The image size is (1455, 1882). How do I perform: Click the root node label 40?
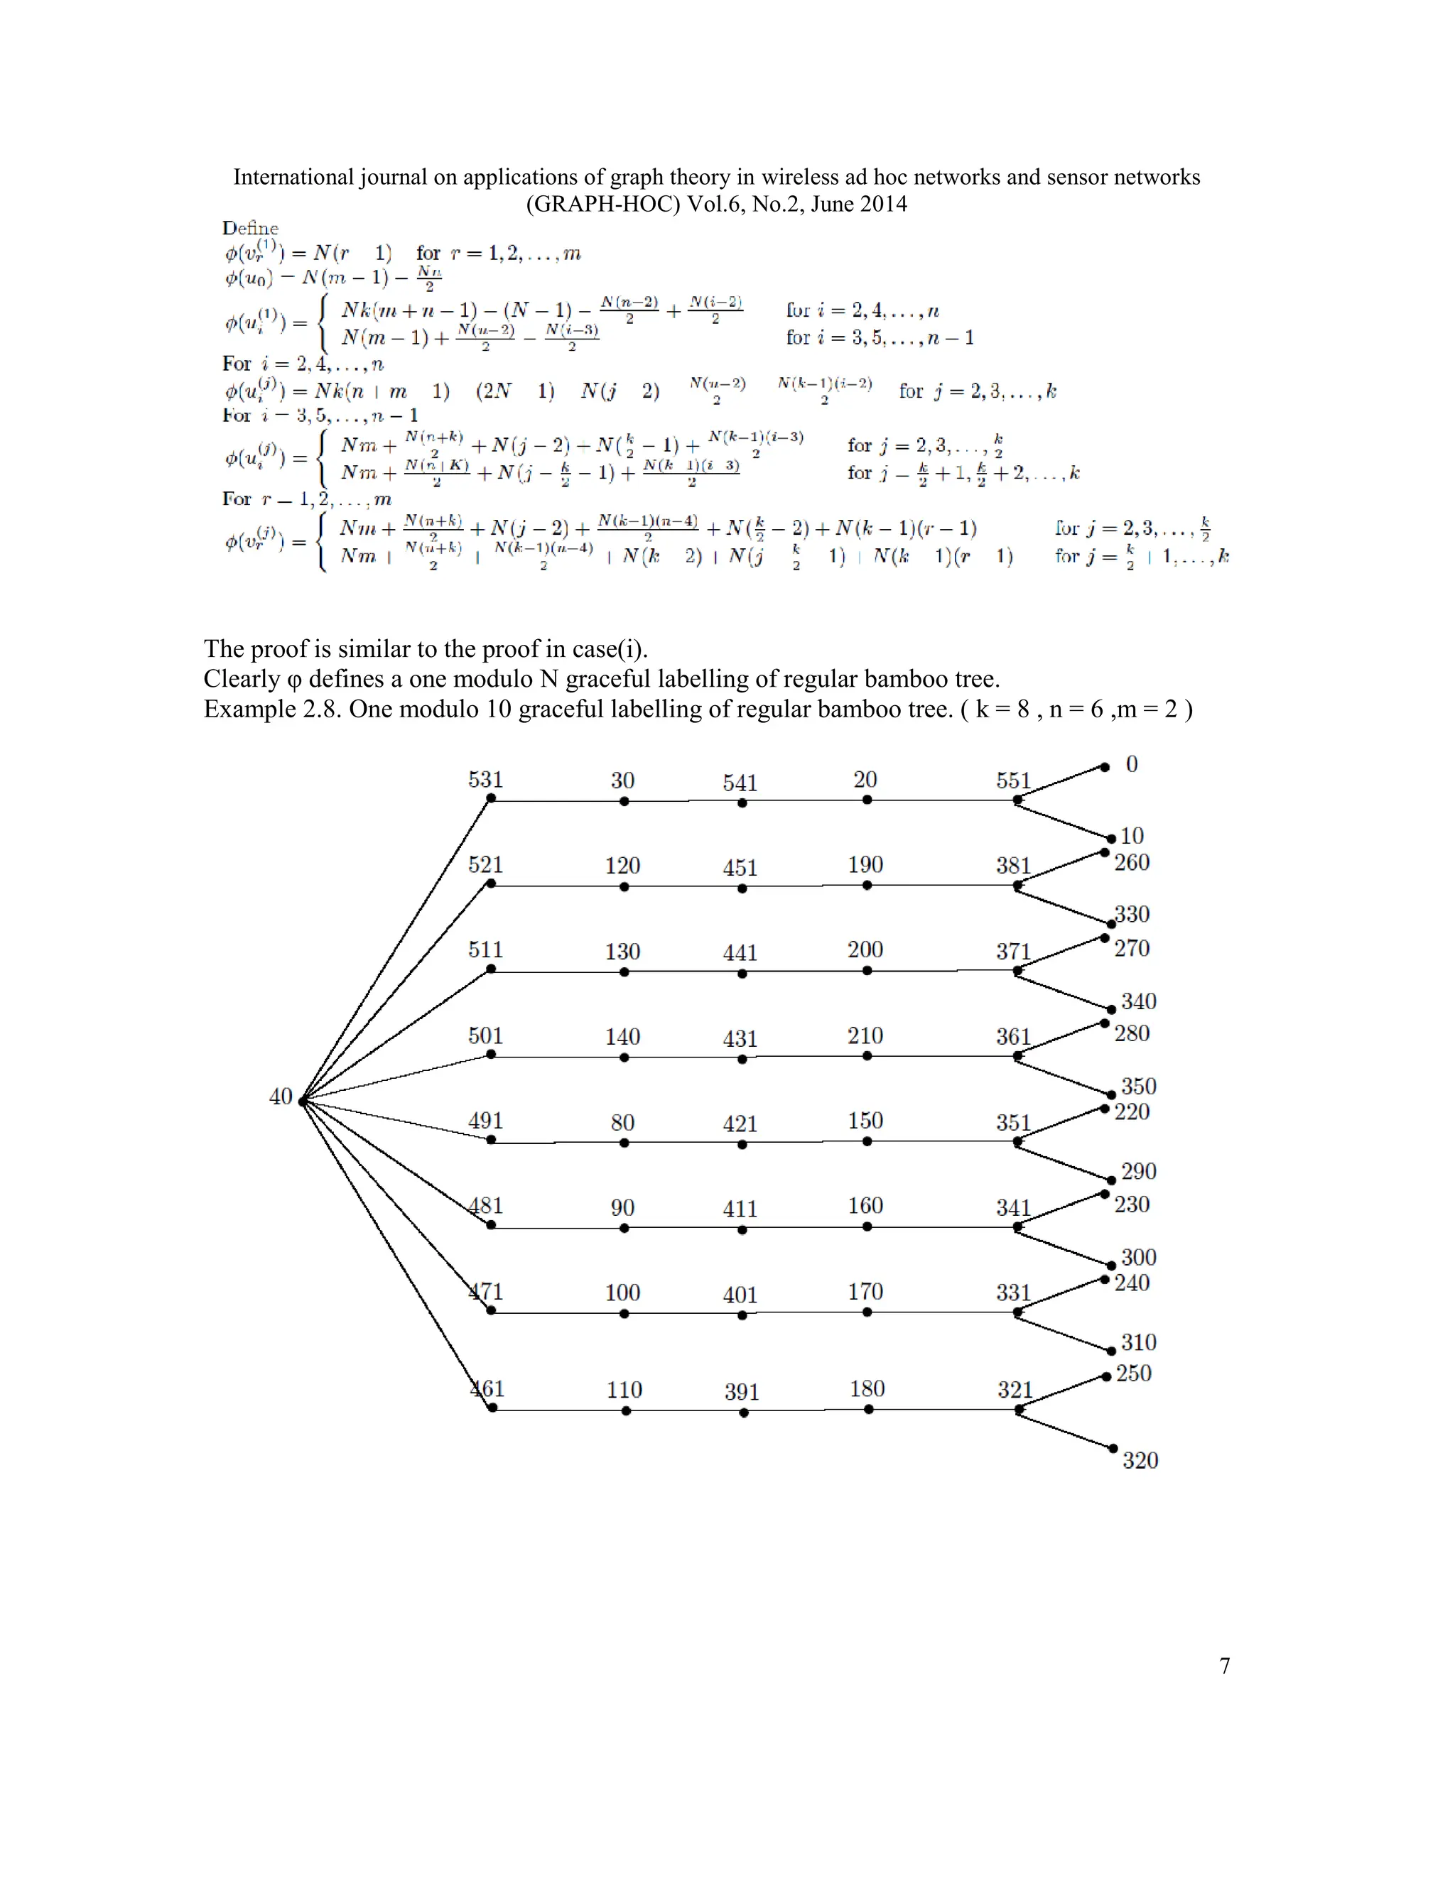click(x=281, y=1097)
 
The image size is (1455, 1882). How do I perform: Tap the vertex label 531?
click(x=485, y=780)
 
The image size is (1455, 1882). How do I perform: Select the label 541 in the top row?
click(x=740, y=783)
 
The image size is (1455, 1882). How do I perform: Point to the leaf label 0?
click(x=1132, y=764)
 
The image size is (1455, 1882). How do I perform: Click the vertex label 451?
click(x=740, y=868)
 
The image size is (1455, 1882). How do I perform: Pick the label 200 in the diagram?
click(x=865, y=950)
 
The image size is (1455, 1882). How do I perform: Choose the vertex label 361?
click(x=1014, y=1037)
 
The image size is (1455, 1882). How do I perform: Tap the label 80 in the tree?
click(x=622, y=1123)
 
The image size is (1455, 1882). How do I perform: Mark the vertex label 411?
click(x=740, y=1209)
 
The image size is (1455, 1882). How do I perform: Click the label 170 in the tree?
click(x=865, y=1292)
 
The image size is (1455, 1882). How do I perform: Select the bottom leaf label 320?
click(x=1140, y=1461)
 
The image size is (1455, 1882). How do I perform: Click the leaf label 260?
click(x=1132, y=863)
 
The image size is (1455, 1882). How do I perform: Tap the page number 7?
click(x=1225, y=1665)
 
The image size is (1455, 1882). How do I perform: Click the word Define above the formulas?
click(x=250, y=229)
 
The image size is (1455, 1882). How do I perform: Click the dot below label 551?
click(x=1018, y=800)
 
